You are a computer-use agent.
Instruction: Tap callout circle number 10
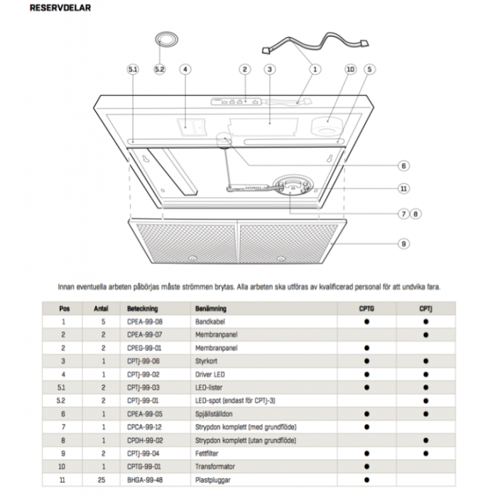pyautogui.click(x=349, y=70)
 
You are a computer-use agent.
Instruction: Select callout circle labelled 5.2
pyautogui.click(x=159, y=70)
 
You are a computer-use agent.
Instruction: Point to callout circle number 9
pyautogui.click(x=403, y=244)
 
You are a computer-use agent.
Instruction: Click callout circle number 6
pyautogui.click(x=403, y=166)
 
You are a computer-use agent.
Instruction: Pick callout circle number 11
pyautogui.click(x=403, y=188)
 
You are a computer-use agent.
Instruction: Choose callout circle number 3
pyautogui.click(x=269, y=70)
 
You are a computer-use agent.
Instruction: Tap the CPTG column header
pyautogui.click(x=367, y=308)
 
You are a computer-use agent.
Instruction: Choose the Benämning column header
pyautogui.click(x=211, y=308)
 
